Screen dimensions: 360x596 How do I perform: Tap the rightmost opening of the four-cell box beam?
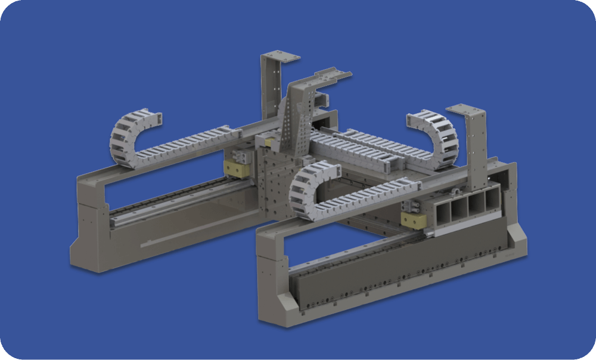pyautogui.click(x=492, y=199)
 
